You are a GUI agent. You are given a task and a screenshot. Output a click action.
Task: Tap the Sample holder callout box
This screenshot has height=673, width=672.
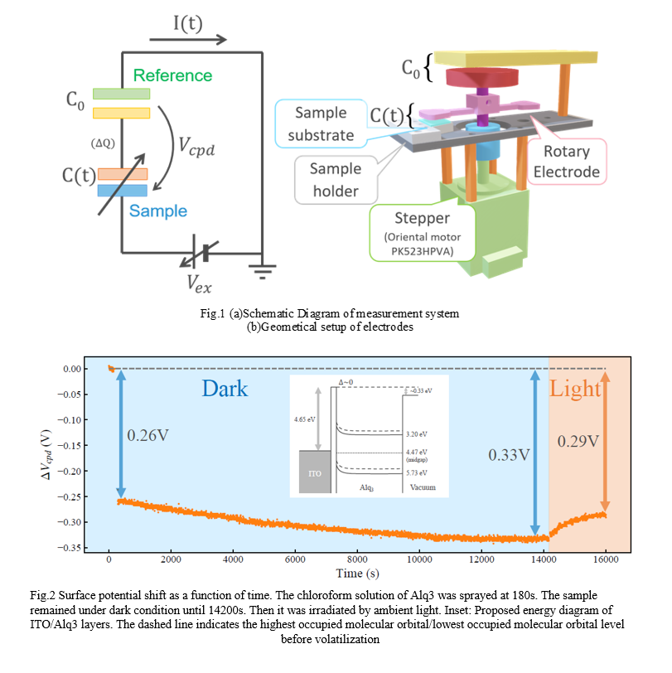pos(335,180)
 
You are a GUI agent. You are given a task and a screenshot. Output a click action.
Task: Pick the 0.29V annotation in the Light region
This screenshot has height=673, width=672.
pos(578,441)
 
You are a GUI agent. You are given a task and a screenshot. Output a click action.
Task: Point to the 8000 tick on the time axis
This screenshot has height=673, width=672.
pos(357,561)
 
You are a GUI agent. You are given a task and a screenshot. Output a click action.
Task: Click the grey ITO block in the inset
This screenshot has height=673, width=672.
pos(312,473)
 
